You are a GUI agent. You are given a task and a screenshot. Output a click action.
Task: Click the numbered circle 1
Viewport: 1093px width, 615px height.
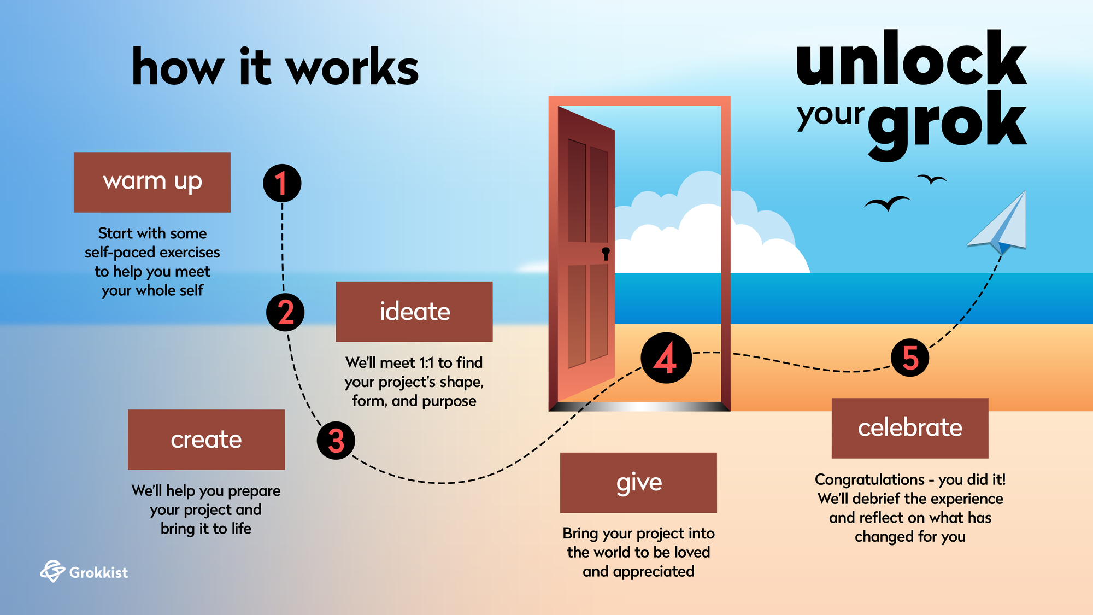coord(282,183)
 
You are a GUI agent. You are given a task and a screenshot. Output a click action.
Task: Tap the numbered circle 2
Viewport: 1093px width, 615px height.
coord(285,312)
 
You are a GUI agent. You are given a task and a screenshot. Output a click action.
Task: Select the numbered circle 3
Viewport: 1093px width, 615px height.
coord(336,441)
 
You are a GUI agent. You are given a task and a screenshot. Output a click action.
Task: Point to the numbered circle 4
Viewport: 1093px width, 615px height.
coord(666,358)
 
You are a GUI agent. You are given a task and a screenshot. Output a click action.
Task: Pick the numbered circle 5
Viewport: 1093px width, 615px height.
coord(910,358)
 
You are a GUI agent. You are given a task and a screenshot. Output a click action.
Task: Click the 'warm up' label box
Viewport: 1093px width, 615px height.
coord(152,182)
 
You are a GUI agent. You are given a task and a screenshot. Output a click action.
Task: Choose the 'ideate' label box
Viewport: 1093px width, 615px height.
coord(414,312)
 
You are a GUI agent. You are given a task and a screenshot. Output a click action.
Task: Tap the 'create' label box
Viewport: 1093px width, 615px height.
coord(206,440)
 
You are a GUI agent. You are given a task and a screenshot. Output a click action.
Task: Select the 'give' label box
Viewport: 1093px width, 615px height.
coord(638,483)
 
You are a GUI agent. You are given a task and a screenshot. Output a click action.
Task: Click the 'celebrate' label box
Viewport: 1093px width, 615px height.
coord(910,428)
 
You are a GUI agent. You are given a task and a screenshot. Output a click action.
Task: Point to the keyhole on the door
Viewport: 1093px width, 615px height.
coord(606,253)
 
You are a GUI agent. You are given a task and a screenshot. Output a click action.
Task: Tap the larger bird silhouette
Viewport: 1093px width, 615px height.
coord(886,203)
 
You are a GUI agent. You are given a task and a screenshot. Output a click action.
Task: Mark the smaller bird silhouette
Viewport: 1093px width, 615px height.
coord(931,179)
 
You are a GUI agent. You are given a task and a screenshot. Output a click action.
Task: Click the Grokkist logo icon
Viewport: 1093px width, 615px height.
coord(52,571)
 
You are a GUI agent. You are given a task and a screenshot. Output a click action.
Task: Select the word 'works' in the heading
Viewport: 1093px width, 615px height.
coord(352,68)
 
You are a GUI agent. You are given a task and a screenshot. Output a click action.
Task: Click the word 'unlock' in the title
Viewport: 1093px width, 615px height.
coord(911,59)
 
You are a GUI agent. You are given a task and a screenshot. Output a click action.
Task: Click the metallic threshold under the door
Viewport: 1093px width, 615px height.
coord(639,406)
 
